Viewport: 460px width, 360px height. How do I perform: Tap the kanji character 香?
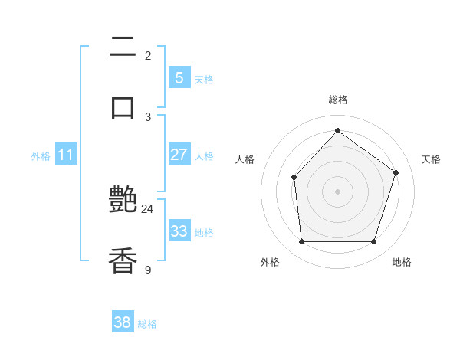pos(123,260)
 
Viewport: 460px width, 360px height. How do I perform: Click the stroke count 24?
pos(147,208)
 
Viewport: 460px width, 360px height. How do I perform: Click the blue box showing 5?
pos(179,77)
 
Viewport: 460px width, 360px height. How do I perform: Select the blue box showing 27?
pos(179,155)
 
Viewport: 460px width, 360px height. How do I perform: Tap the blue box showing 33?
pos(179,231)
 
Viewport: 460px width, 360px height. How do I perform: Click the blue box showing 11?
pos(65,155)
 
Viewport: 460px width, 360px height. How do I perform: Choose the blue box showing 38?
pos(123,322)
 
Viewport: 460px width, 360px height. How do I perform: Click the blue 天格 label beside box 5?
pos(204,79)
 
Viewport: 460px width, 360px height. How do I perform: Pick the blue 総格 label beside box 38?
pos(147,324)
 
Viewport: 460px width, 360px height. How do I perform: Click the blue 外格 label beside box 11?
pos(41,156)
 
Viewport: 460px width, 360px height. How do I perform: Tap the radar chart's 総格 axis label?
pos(337,100)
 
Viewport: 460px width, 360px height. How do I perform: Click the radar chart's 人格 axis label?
pos(245,159)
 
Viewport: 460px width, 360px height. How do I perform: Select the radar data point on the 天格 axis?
pos(396,172)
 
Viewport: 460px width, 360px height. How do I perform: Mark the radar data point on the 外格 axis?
pos(301,242)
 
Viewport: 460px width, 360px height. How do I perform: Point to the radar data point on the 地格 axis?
pos(374,242)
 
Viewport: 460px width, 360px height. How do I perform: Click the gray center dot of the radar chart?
pos(337,191)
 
